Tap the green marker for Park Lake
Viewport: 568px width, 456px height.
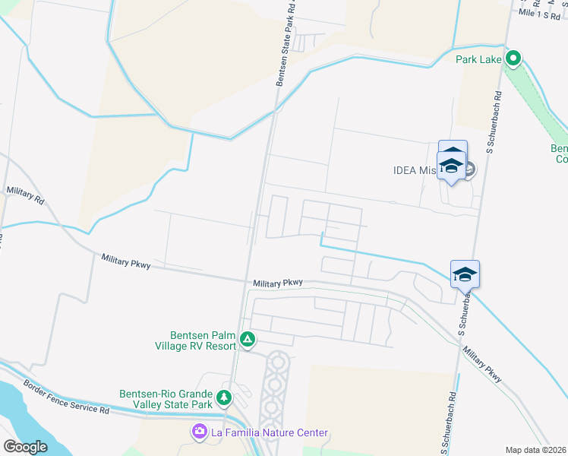(513, 58)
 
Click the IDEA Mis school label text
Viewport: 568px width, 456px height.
(415, 170)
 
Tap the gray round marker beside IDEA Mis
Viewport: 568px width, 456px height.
(469, 169)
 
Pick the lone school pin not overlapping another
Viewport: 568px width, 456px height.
(465, 274)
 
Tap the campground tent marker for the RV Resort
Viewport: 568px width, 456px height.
(247, 339)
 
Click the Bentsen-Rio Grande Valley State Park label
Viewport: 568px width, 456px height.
(167, 398)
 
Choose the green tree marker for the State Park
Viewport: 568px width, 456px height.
(224, 397)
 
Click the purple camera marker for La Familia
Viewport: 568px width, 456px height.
(200, 432)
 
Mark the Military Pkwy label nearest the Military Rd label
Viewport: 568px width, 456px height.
(126, 261)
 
